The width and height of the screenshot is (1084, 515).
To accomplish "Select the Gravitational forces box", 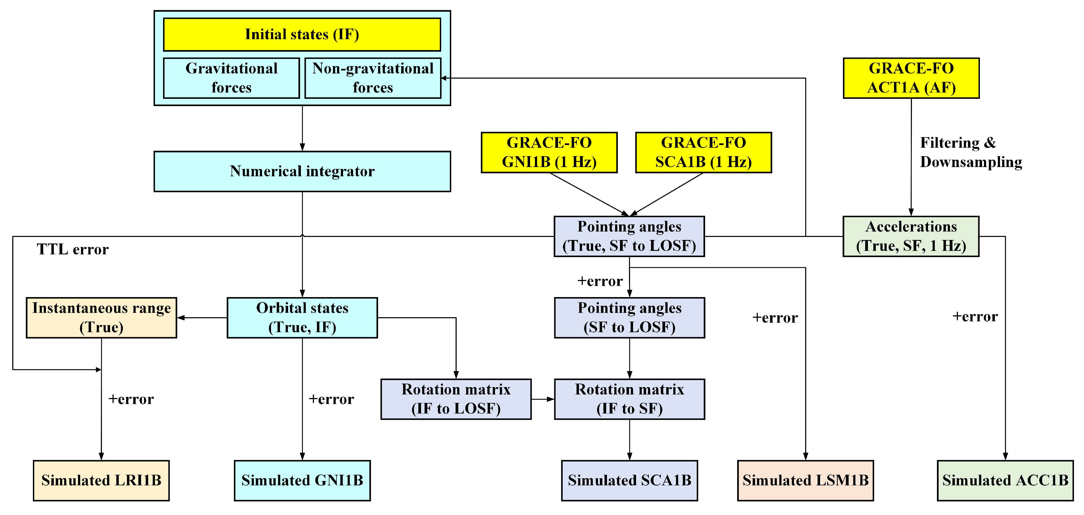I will click(231, 78).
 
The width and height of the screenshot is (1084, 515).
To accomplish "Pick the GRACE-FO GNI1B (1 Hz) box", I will click(549, 152).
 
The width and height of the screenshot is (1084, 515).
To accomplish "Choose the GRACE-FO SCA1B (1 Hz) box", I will click(703, 152).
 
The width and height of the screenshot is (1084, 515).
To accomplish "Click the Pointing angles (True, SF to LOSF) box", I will click(629, 236).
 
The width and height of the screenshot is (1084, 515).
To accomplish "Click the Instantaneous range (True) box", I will click(101, 317).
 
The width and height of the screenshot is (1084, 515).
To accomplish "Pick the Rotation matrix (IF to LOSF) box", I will click(456, 399).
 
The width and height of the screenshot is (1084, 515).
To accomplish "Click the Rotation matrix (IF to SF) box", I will click(629, 399).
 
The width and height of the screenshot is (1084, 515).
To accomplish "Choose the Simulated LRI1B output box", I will click(101, 480).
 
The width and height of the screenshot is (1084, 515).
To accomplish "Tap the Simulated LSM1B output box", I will click(805, 480).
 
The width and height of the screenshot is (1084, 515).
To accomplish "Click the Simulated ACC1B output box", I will click(1005, 480).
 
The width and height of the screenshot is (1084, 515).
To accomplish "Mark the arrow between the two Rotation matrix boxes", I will click(543, 399).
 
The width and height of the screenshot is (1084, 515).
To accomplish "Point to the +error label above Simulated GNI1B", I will click(331, 399).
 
